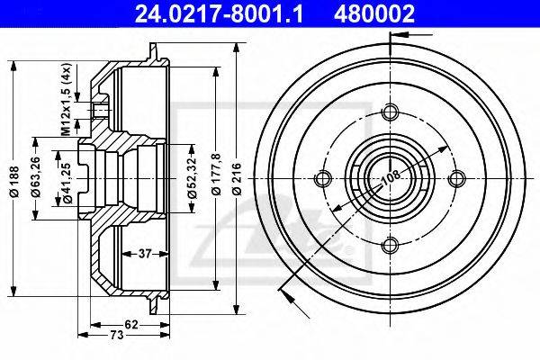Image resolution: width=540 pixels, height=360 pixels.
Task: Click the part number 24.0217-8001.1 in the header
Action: [219, 13]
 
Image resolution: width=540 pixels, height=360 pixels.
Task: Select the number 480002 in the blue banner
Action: [374, 13]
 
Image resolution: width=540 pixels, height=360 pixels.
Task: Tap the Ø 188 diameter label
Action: [14, 182]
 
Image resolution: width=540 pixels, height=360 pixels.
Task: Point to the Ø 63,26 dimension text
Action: [35, 177]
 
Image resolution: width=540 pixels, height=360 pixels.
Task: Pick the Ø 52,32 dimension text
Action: [192, 177]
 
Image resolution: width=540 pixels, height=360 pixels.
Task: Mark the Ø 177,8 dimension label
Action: [217, 175]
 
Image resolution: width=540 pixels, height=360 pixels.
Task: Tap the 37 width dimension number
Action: [145, 254]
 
